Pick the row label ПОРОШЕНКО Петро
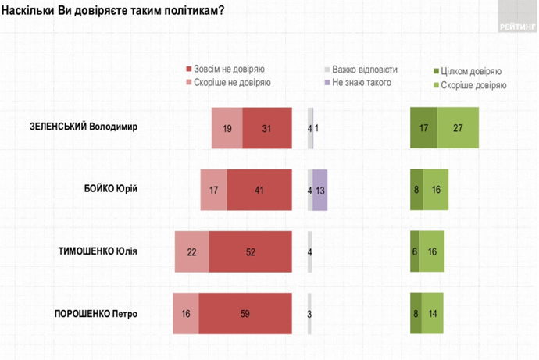tap(95, 314)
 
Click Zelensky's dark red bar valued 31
tap(266, 127)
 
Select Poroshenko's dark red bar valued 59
tap(245, 314)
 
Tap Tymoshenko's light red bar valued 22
tap(192, 251)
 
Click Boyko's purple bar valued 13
tap(319, 190)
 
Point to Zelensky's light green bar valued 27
tap(458, 127)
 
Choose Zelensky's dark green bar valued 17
tap(423, 127)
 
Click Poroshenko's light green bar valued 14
tap(433, 314)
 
